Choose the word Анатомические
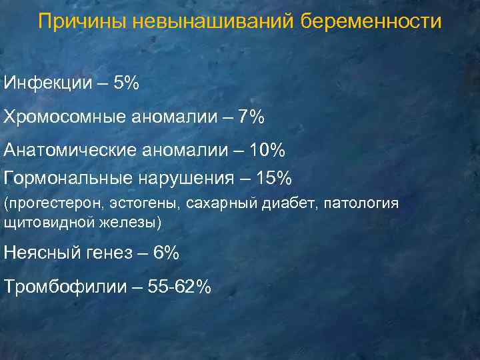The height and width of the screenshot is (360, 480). (70, 151)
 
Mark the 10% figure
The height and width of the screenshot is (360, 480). (267, 151)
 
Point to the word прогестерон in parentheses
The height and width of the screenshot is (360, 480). (51, 203)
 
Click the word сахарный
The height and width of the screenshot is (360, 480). (219, 203)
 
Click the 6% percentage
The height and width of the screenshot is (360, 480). (165, 253)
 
